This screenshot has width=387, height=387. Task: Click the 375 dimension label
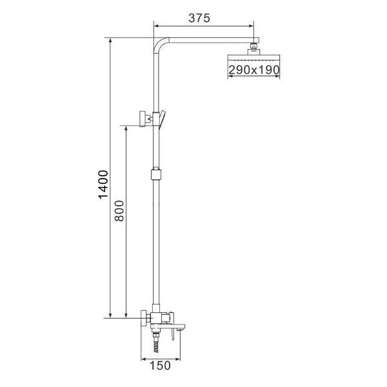pyautogui.click(x=199, y=18)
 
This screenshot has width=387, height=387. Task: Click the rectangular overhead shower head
pyautogui.click(x=254, y=58)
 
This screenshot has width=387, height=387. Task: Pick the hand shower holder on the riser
pyautogui.click(x=163, y=117)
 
